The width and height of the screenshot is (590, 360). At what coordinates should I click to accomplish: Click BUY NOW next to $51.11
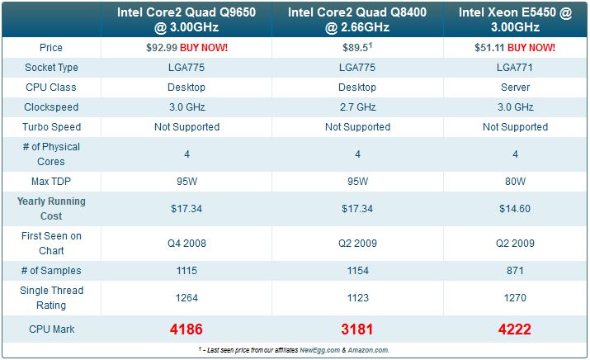(x=531, y=48)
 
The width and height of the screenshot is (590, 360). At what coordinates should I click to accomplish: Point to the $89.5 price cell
(x=356, y=48)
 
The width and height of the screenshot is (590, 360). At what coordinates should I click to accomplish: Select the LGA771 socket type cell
(x=514, y=68)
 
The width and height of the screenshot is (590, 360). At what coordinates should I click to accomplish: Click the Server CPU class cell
(x=514, y=88)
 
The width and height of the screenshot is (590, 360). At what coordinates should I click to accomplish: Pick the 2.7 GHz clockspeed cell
(x=357, y=107)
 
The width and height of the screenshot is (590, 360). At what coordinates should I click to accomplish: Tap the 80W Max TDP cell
(x=514, y=181)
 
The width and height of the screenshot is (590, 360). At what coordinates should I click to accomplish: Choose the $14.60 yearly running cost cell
(x=514, y=209)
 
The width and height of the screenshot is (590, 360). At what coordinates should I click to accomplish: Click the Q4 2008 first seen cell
(x=186, y=244)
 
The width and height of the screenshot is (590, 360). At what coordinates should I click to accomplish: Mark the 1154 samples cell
(x=357, y=271)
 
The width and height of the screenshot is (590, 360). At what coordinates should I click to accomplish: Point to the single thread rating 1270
(x=514, y=298)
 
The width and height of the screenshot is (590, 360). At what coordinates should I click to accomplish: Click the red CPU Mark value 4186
(x=186, y=329)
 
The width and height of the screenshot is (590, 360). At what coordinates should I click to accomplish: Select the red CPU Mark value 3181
(x=357, y=329)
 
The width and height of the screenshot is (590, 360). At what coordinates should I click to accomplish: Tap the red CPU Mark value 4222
(x=514, y=329)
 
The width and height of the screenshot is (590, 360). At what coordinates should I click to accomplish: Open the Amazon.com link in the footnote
(x=368, y=350)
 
